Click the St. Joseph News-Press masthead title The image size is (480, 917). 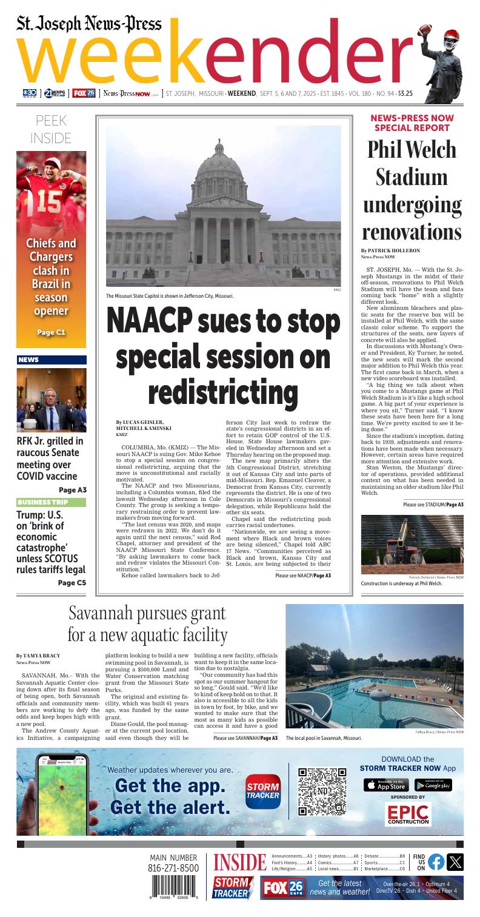[x=89, y=24]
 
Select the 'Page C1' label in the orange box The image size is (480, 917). [x=52, y=332]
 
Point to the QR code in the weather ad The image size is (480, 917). [x=322, y=791]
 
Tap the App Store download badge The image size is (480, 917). [x=386, y=785]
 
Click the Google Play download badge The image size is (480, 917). [x=433, y=785]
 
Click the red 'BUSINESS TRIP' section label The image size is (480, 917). [x=42, y=502]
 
